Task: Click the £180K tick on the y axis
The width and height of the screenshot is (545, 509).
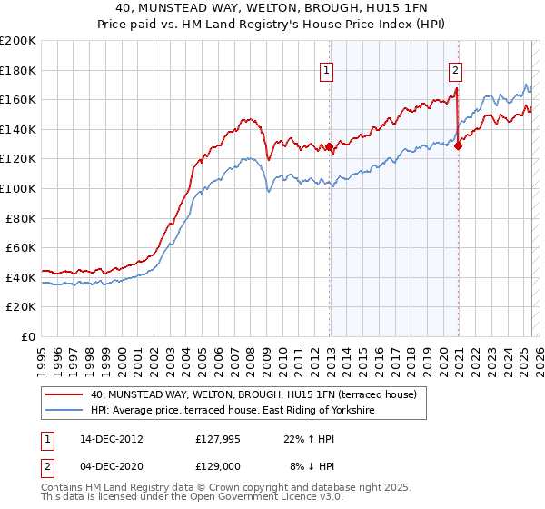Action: (x=18, y=70)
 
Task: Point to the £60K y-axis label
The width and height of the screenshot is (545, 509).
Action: (x=21, y=247)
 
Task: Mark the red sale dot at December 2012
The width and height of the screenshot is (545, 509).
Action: (x=330, y=146)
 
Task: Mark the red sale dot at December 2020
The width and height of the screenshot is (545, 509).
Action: (x=458, y=145)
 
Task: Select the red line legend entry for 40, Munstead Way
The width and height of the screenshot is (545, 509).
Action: (x=253, y=395)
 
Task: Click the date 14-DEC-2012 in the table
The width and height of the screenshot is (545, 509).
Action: (x=105, y=438)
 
